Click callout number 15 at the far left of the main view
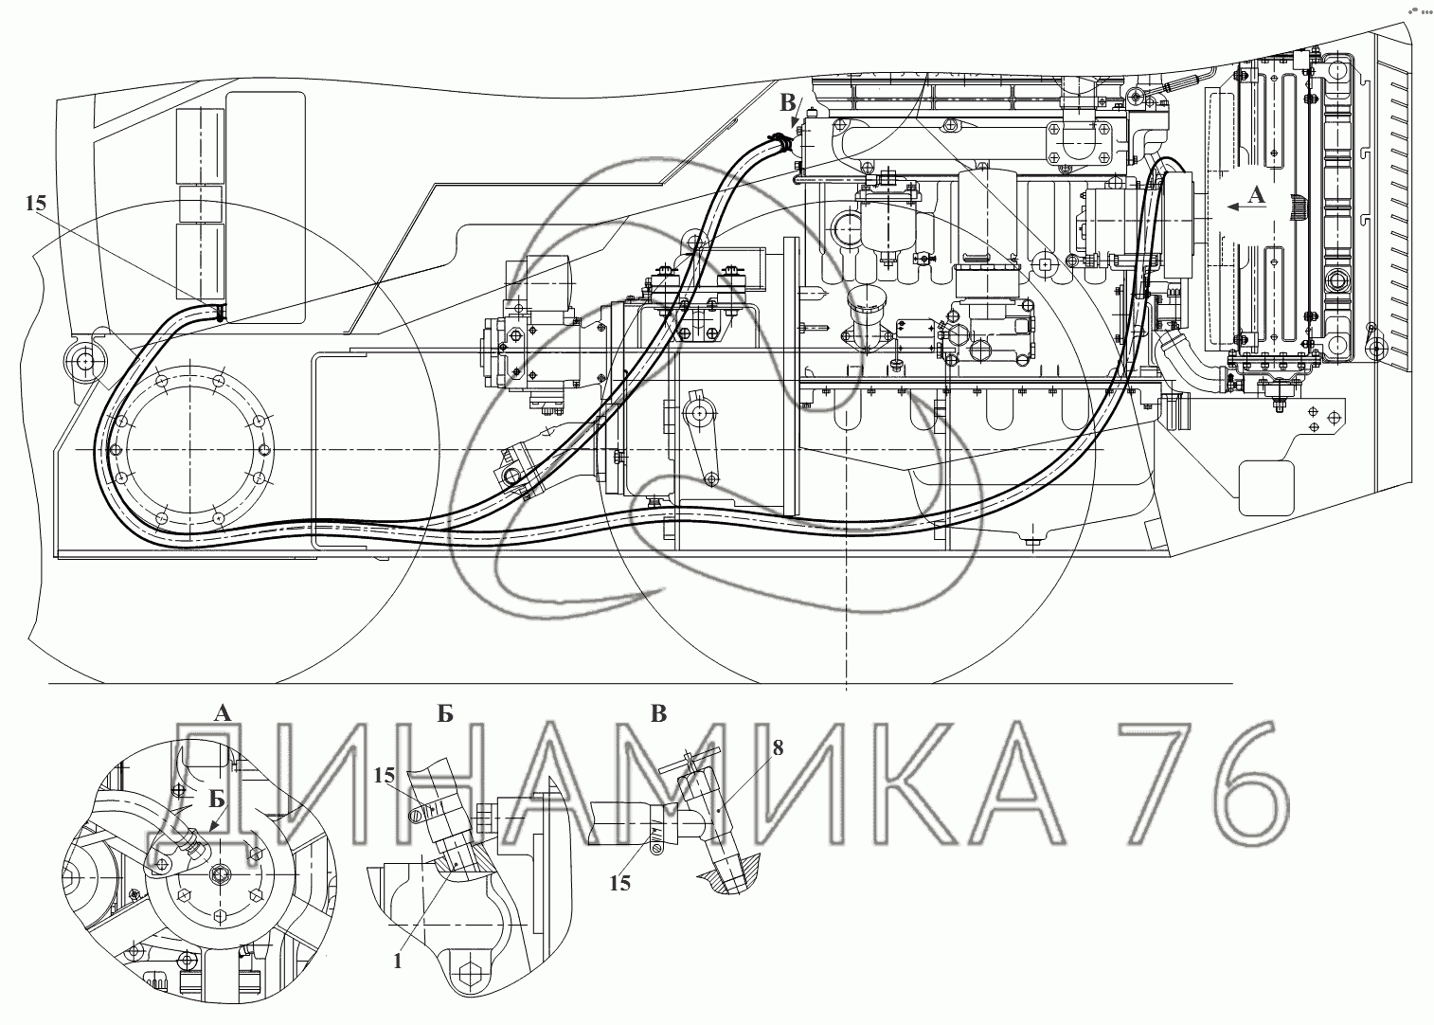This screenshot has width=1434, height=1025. [37, 204]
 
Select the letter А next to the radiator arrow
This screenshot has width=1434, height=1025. [1258, 195]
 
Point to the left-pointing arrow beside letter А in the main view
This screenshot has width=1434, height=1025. [1234, 207]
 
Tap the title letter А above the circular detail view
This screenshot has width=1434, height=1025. [223, 713]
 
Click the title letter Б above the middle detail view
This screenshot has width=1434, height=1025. [445, 713]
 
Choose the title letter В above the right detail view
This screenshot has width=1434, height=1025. [658, 713]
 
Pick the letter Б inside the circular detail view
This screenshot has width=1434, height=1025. [218, 800]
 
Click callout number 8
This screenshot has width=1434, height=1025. [778, 747]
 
